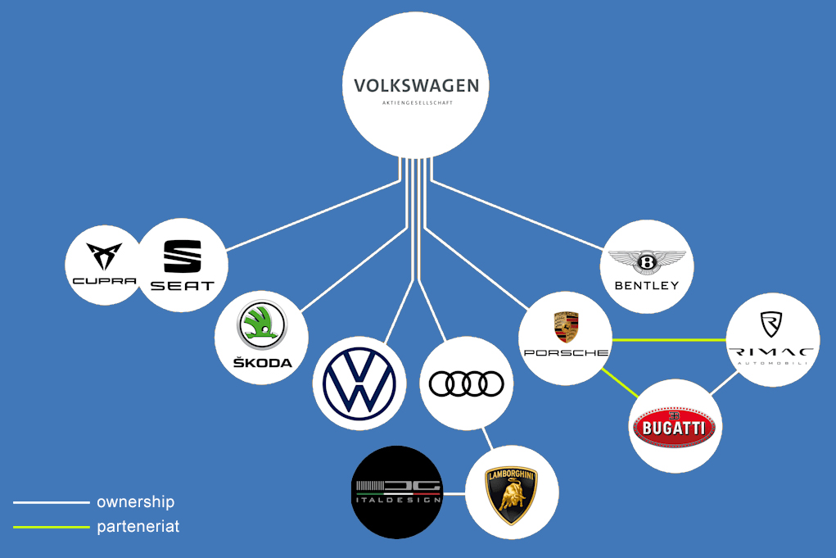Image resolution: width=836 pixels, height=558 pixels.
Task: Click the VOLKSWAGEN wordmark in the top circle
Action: (416, 85)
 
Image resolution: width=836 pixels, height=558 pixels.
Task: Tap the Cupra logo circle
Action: (104, 265)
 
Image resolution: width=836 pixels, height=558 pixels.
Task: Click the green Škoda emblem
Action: (261, 325)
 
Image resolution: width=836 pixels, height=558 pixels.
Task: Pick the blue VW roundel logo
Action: (359, 383)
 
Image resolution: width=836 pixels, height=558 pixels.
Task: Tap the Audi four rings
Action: (466, 383)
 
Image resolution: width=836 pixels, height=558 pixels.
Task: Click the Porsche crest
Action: (565, 326)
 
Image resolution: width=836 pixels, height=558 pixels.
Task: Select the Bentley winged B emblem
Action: (647, 263)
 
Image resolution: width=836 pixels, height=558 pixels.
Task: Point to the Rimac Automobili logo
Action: (772, 338)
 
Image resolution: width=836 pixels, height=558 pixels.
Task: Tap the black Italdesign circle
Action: (396, 492)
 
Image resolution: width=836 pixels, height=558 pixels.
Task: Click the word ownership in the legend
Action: (135, 502)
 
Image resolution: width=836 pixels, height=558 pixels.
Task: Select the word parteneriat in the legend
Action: (138, 527)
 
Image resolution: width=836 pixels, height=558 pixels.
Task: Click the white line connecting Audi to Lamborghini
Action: (489, 439)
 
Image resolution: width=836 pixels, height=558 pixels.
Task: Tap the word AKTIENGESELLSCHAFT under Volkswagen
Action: (417, 103)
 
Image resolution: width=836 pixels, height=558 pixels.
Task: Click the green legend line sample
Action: (51, 527)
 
